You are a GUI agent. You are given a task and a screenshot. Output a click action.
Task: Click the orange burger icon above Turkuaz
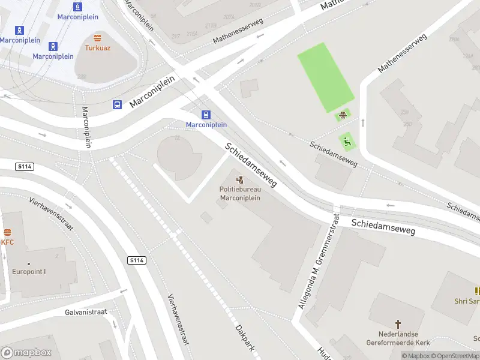(x=97, y=37)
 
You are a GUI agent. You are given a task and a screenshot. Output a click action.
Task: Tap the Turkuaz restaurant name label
(x=97, y=47)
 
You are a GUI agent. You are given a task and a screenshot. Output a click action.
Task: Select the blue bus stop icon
(x=117, y=105)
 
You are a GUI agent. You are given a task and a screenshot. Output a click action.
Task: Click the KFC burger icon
(x=8, y=233)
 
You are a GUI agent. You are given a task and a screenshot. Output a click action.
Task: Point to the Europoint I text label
(x=29, y=271)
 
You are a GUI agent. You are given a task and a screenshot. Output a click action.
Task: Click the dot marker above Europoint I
(x=29, y=263)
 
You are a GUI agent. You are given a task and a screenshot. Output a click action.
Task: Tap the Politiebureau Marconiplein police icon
(x=240, y=179)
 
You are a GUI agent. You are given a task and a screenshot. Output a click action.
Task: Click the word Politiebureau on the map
(x=240, y=190)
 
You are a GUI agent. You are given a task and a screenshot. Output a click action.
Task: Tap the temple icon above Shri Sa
(x=478, y=291)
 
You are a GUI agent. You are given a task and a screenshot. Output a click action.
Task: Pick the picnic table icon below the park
(x=343, y=116)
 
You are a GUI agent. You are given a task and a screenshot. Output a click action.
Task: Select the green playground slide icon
(x=347, y=142)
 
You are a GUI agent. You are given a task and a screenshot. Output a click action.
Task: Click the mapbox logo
(x=25, y=353)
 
